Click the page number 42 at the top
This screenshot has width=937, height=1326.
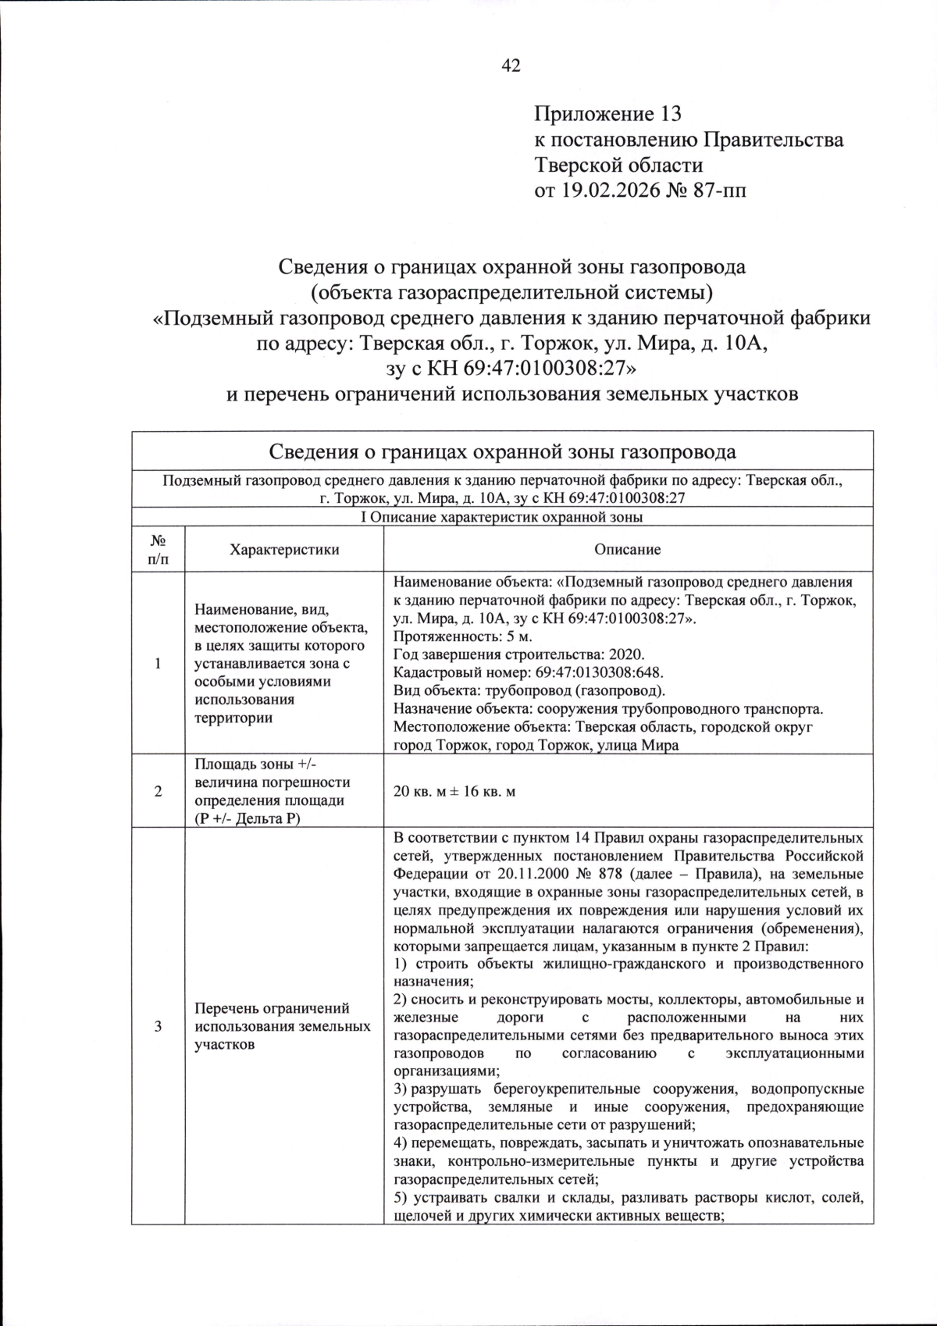(511, 66)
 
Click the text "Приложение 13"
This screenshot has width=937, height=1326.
(607, 114)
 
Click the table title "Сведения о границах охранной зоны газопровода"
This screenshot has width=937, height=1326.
(502, 452)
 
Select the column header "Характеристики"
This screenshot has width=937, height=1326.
(284, 549)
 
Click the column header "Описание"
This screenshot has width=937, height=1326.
(628, 549)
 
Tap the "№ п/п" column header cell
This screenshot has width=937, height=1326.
(158, 549)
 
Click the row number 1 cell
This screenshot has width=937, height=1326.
(158, 663)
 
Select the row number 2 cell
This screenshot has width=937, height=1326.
(158, 791)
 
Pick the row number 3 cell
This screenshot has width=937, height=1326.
(158, 1026)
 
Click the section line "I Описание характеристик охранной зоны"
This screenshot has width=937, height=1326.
(502, 517)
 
